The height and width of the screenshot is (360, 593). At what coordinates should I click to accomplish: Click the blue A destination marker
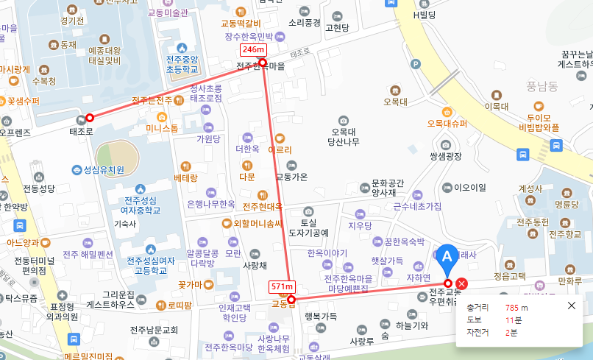(446, 258)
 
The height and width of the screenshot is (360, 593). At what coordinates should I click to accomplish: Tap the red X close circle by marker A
(461, 284)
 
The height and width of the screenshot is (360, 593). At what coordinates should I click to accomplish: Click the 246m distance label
(253, 49)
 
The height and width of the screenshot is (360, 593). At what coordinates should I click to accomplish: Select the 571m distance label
(283, 286)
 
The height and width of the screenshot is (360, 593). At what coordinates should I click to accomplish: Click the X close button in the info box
(572, 306)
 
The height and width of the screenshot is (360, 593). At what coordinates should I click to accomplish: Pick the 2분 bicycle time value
(511, 333)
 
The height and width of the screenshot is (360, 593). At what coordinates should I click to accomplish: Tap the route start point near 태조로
(90, 117)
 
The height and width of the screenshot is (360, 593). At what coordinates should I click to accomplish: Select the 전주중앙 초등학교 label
(181, 64)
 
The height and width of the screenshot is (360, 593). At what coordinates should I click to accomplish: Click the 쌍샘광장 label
(446, 156)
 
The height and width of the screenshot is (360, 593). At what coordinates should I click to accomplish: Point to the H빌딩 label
(425, 15)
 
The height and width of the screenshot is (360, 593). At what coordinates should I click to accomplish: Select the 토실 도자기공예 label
(308, 227)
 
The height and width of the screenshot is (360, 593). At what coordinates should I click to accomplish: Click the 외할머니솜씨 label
(258, 224)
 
